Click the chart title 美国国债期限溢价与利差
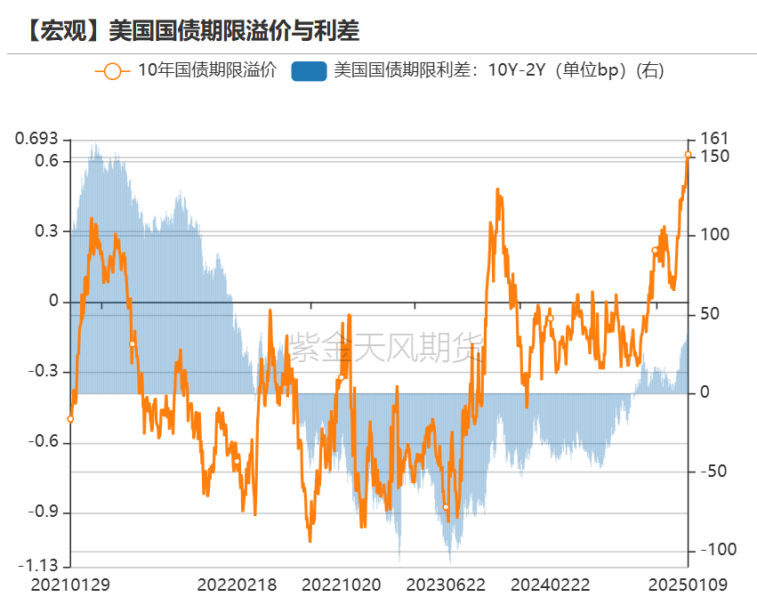[x=233, y=30]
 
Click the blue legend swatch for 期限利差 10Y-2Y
[x=309, y=70]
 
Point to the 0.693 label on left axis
[x=36, y=139]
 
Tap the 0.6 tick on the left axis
[x=46, y=161]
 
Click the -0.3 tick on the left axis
[x=42, y=372]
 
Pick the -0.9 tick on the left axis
[x=42, y=512]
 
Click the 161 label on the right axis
[x=714, y=139]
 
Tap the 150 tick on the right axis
[x=714, y=157]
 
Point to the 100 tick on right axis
[x=714, y=235]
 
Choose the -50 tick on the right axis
[x=714, y=472]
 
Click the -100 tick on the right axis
[x=718, y=550]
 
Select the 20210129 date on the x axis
[x=70, y=585]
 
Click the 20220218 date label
[x=236, y=585]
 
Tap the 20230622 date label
[x=446, y=585]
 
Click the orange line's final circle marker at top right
[x=688, y=155]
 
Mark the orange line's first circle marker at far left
[x=70, y=419]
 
